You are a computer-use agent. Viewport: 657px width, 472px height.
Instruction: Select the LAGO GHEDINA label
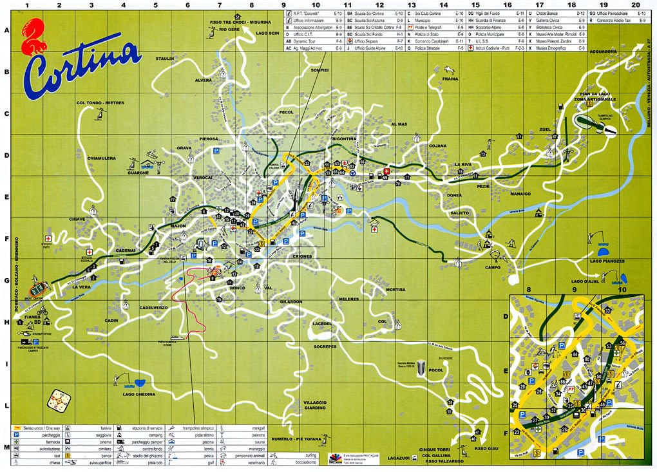point(138,394)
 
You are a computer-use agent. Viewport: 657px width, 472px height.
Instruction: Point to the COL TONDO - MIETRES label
point(100,102)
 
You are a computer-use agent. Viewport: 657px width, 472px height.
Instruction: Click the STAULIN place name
point(165,59)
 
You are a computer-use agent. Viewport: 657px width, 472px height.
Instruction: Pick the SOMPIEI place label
point(319,70)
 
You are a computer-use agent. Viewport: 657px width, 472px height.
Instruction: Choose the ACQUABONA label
point(604,51)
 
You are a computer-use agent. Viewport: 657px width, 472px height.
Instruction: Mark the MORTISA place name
point(395,290)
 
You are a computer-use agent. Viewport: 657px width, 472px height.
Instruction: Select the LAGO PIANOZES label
point(608,261)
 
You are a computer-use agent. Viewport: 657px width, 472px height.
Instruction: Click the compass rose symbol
point(59,401)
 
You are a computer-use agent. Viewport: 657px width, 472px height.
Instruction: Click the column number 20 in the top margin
point(636,5)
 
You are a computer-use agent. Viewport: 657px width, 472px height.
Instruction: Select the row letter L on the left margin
point(6,406)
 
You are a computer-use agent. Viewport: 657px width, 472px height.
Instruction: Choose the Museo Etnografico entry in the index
point(551,48)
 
